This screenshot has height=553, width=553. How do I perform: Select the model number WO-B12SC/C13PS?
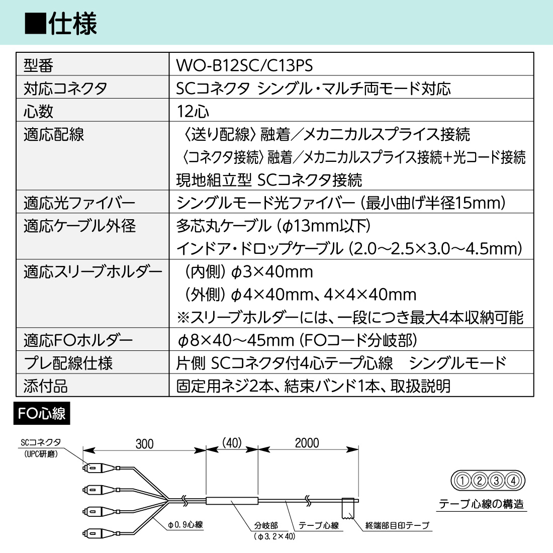click(244, 65)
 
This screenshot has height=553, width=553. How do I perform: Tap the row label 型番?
click(38, 65)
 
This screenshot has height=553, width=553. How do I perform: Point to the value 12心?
click(193, 111)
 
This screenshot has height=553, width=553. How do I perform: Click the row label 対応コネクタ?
click(65, 88)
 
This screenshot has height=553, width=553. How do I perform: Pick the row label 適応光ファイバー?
click(79, 203)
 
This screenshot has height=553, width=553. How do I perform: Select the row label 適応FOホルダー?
click(78, 340)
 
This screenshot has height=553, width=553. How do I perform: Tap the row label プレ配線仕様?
click(68, 363)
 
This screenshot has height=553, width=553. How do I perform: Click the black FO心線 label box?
click(42, 414)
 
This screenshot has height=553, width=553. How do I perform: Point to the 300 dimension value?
click(144, 444)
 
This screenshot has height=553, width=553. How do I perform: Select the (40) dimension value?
click(232, 443)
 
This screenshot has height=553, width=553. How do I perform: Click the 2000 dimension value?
click(307, 443)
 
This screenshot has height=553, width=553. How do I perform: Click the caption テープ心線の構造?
click(481, 504)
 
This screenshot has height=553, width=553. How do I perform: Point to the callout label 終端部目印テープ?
click(397, 526)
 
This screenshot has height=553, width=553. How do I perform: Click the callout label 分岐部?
click(265, 525)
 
